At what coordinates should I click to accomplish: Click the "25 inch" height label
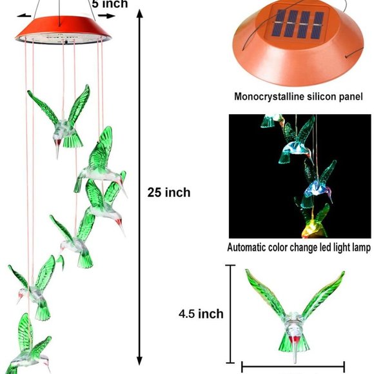169,192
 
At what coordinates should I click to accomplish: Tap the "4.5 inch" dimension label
201,313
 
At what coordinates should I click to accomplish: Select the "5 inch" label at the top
110,4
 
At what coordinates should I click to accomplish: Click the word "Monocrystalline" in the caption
269,97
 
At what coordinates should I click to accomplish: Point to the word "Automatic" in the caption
246,248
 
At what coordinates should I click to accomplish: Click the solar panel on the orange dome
299,25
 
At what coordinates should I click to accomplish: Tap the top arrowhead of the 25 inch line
139,13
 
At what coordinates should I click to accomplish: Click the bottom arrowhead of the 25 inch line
139,361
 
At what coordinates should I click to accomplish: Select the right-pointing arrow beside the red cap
107,15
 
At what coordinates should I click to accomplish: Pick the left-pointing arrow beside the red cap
24,15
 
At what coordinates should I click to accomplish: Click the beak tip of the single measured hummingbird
295,362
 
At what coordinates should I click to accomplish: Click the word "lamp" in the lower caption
361,248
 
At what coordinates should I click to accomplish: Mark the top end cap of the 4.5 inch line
230,265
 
